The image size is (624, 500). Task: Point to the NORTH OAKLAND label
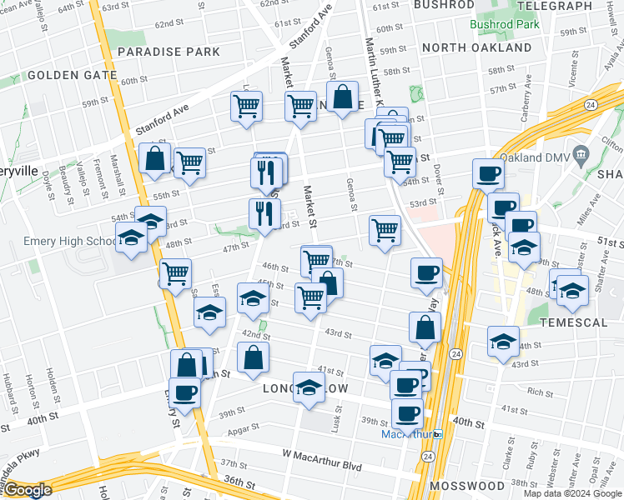476,47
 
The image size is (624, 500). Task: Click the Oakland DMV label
544,159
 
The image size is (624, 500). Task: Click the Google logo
28,490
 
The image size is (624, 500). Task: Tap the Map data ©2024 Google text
571,492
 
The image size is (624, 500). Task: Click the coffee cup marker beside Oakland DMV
489,175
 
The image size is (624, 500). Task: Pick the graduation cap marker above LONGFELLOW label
309,387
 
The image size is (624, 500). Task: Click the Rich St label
535,392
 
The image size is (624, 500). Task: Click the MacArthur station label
409,434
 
